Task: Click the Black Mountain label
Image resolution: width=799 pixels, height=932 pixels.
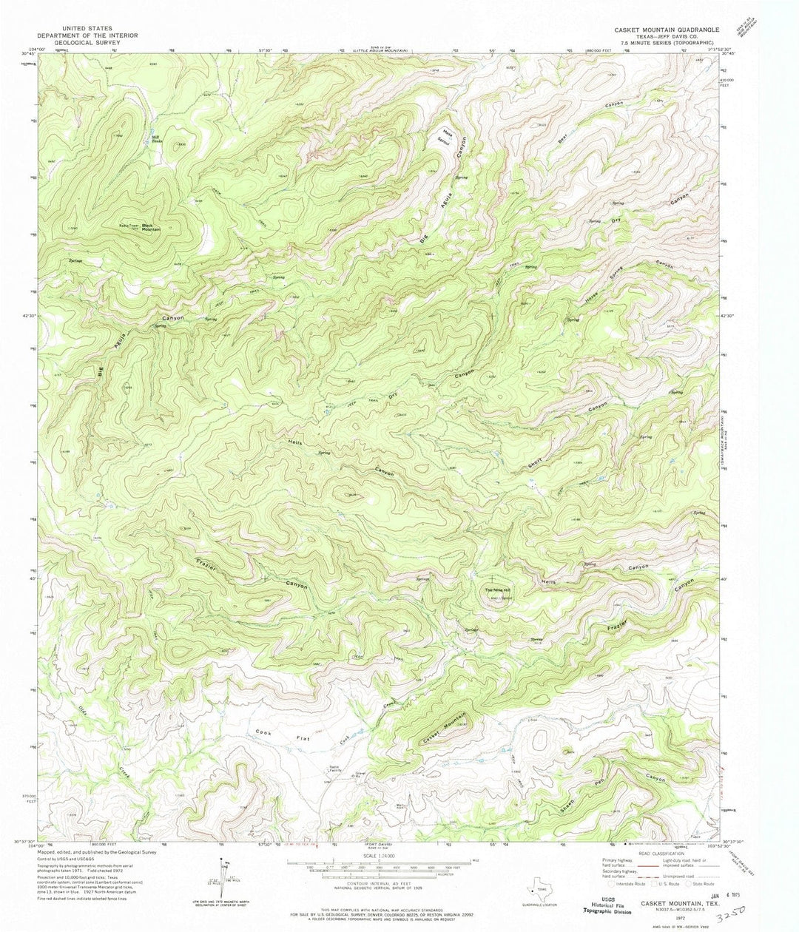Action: pyautogui.click(x=151, y=227)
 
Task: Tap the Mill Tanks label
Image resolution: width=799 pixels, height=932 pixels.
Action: pyautogui.click(x=156, y=138)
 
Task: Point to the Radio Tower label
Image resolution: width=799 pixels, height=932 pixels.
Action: pyautogui.click(x=129, y=226)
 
